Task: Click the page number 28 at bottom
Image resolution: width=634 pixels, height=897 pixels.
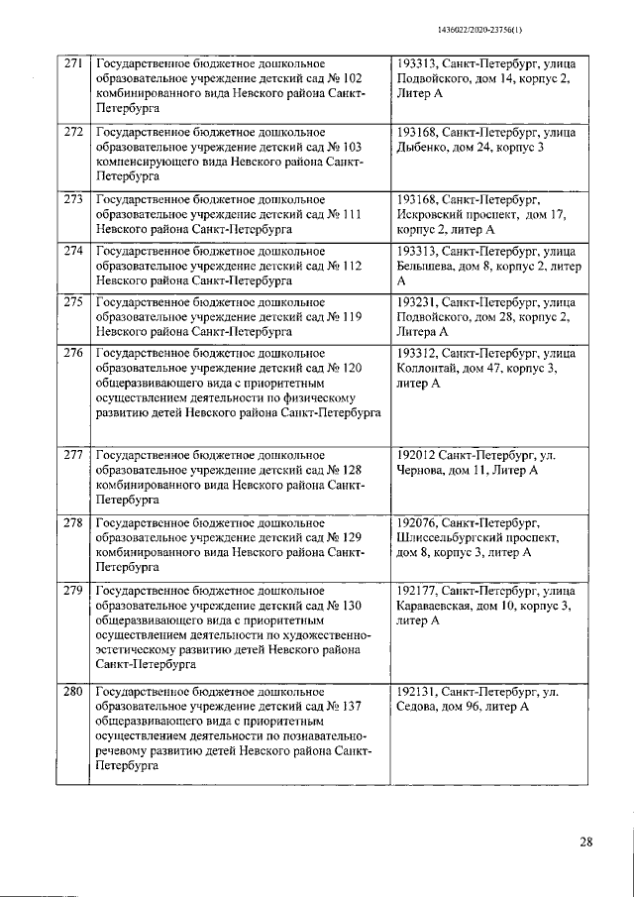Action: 585,842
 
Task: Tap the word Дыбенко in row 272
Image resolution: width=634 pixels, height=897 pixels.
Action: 422,148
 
